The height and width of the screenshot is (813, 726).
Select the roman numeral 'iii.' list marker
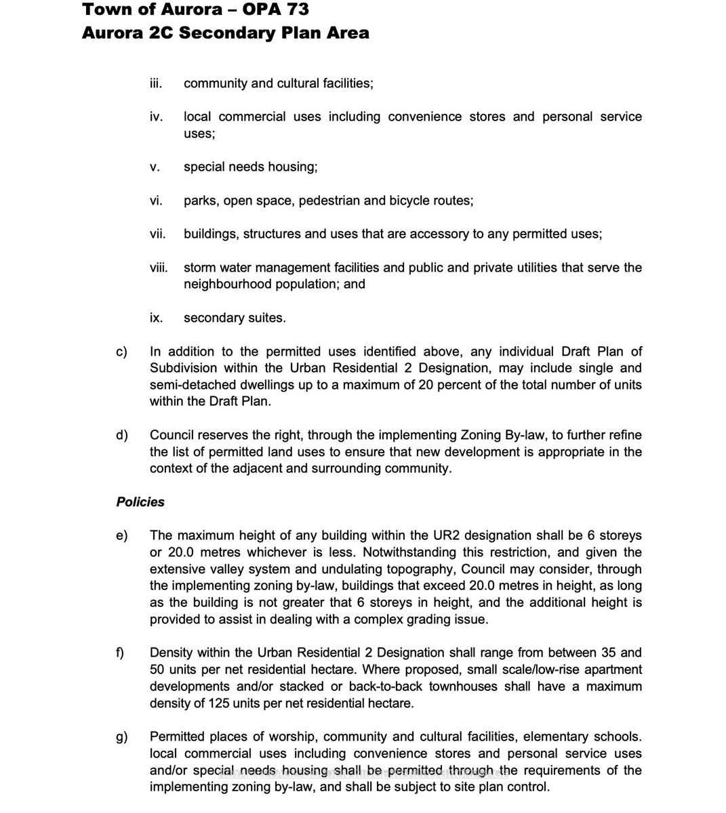tap(155, 83)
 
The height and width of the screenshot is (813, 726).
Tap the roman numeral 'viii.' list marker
tap(158, 268)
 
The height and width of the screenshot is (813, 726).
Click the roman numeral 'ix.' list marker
tap(155, 318)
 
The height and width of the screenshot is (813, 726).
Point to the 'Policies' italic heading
tap(140, 502)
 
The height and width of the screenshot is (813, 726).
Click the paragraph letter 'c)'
tap(122, 352)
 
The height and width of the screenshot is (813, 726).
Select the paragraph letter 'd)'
tap(122, 435)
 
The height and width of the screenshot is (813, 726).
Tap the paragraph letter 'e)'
tap(122, 536)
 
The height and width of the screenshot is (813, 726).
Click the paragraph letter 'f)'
tap(121, 653)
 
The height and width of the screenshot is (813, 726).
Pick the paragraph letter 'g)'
tap(122, 736)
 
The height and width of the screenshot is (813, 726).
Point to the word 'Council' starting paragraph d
tap(172, 435)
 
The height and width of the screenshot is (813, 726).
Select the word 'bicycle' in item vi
tap(411, 201)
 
